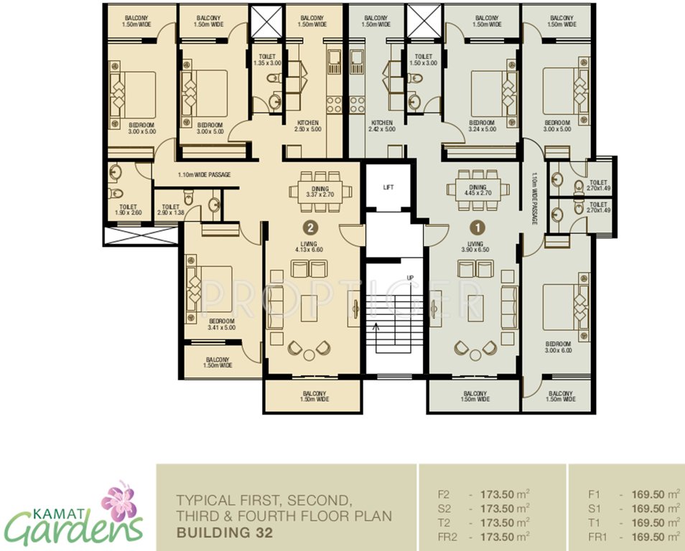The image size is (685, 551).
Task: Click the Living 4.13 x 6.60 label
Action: (x=310, y=246)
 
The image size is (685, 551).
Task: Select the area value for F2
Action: (x=503, y=494)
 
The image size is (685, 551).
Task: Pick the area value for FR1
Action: (x=654, y=535)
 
